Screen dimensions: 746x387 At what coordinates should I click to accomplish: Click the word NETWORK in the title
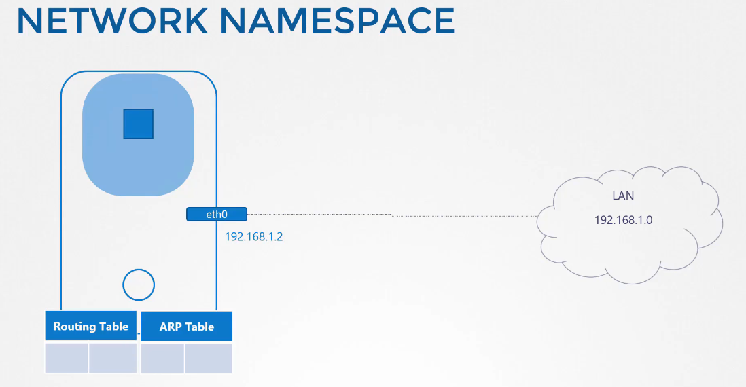tap(112, 20)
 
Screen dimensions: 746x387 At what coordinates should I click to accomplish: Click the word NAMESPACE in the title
tap(337, 20)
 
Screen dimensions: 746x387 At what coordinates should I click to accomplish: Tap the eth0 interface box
tap(217, 215)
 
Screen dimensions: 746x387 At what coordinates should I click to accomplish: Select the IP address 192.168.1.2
tap(253, 237)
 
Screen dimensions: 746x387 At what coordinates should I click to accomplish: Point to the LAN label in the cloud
tap(623, 196)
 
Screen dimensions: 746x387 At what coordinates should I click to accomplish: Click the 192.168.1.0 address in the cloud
tap(623, 220)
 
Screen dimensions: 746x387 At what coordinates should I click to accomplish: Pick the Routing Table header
tap(91, 326)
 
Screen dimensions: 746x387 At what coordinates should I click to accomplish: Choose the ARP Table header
tap(186, 327)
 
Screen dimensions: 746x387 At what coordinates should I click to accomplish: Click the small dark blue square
tap(139, 124)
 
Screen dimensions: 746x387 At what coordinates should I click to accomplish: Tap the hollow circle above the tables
tap(139, 269)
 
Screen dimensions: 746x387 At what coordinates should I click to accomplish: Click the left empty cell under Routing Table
tap(67, 358)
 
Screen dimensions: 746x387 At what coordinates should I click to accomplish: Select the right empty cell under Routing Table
tap(113, 358)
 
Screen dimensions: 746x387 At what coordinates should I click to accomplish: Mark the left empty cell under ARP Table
tap(162, 358)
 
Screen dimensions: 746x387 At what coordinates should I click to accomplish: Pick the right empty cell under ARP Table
tap(209, 358)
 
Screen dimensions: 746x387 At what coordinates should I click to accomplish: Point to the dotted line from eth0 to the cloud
tap(392, 215)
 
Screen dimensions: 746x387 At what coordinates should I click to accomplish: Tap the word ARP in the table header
tap(171, 327)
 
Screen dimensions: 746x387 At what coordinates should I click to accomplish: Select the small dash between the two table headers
tap(139, 333)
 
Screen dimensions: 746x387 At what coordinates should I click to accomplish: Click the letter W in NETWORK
tap(113, 20)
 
